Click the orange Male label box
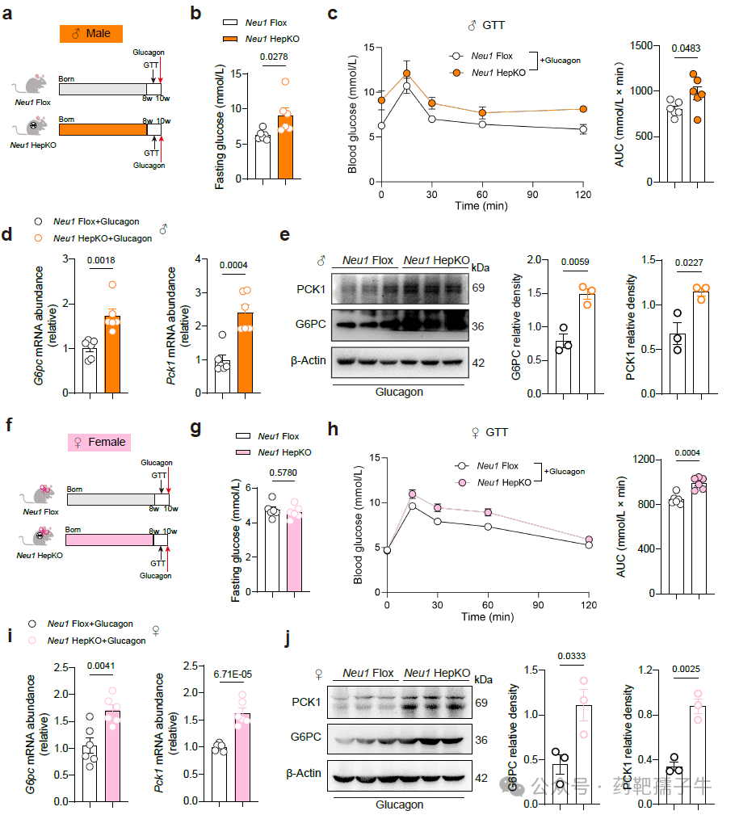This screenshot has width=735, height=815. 91,34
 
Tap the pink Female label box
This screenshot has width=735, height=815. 99,443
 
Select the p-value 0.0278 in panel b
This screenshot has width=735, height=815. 274,57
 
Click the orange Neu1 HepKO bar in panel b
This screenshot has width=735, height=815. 285,147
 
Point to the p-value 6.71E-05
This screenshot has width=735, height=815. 233,674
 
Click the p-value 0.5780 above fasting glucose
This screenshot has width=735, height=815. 283,473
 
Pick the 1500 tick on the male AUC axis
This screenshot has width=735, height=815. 641,46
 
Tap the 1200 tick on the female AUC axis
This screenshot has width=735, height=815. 644,459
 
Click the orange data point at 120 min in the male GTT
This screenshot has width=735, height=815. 583,109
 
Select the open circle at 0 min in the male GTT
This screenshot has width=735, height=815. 381,126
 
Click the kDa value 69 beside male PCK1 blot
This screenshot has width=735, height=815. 478,288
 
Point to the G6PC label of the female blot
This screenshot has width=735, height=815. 305,737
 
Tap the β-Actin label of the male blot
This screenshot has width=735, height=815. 309,360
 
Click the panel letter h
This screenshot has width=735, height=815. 333,429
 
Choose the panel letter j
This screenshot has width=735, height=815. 288,638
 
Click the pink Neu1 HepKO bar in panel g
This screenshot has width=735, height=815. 294,552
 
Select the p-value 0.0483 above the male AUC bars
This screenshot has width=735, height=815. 686,48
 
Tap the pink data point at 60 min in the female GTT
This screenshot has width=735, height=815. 488,512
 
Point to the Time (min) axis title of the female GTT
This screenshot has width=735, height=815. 488,616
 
